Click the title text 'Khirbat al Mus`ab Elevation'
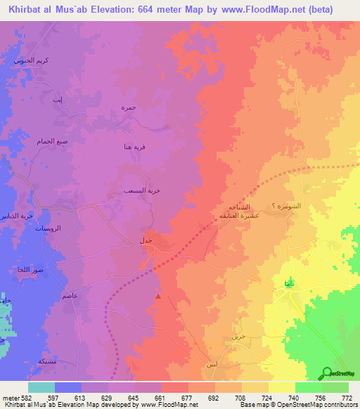coord(77,9)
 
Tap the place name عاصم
coord(70,297)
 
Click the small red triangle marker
coord(158,296)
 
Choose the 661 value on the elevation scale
coord(160,397)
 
